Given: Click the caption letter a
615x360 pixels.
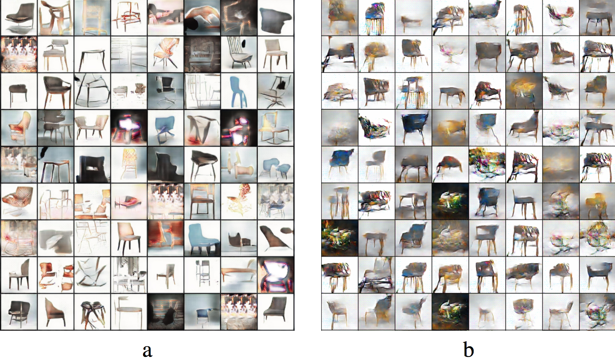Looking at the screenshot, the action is tap(147, 350).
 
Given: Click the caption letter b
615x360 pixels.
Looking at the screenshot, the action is tap(468, 349).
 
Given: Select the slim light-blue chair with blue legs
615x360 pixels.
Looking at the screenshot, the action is tap(239, 91).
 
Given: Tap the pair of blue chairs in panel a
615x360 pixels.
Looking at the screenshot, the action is tap(275, 168).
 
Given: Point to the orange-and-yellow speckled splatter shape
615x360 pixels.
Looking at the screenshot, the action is tap(239, 200).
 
